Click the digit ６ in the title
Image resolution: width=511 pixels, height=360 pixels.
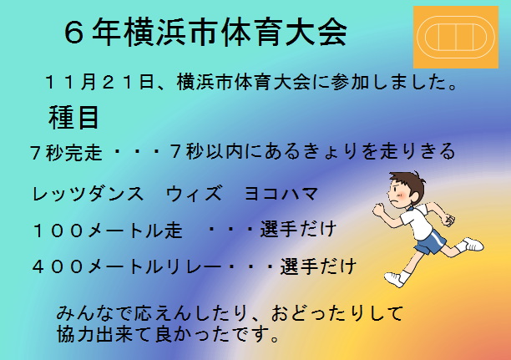[x=74, y=33]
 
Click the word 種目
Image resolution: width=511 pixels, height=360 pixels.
[x=73, y=118]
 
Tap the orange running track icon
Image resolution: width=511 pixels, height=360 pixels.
[x=456, y=38]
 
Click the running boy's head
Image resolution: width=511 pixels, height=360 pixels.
[x=406, y=190]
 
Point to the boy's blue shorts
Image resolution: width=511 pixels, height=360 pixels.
[x=430, y=242]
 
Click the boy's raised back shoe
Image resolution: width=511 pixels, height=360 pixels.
[x=473, y=244]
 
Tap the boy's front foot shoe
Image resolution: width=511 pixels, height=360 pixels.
[x=394, y=280]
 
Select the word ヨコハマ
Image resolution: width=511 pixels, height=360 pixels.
[x=281, y=194]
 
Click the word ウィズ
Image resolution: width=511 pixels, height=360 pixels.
[x=194, y=194]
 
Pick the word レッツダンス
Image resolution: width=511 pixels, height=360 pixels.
[x=88, y=194]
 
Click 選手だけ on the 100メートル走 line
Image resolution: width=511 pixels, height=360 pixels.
[x=298, y=229]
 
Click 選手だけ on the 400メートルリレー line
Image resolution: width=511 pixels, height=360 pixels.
[x=318, y=266]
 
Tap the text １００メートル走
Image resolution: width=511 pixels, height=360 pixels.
[x=108, y=230]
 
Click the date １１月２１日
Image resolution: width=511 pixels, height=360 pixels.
[x=99, y=82]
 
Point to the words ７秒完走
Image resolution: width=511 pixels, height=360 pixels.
[x=66, y=152]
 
